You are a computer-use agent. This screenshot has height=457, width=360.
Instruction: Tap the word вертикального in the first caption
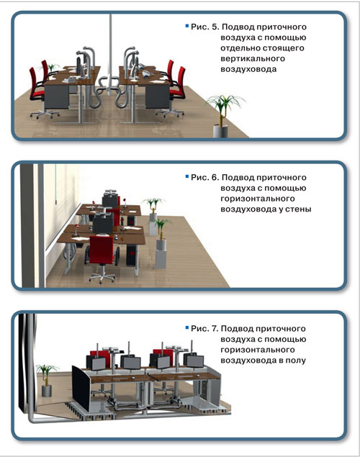pyautogui.click(x=253, y=58)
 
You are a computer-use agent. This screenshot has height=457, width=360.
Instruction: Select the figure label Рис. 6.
pyautogui.click(x=204, y=177)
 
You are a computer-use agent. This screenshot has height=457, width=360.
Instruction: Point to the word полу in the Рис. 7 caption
pyautogui.click(x=295, y=361)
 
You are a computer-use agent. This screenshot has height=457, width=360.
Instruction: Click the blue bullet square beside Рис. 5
pyautogui.click(x=187, y=26)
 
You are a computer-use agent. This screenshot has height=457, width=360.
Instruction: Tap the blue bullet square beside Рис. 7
pyautogui.click(x=187, y=328)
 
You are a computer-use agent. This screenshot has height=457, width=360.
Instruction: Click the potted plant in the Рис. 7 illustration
pyautogui.click(x=46, y=380)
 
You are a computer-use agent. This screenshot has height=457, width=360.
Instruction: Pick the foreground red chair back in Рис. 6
pyautogui.click(x=101, y=250)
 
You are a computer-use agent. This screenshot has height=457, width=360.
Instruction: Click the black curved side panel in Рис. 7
pyautogui.click(x=81, y=388)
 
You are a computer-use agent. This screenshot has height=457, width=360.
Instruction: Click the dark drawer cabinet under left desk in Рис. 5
pyautogui.click(x=56, y=97)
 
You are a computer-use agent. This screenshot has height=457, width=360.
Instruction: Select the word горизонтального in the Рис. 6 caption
pyautogui.click(x=258, y=199)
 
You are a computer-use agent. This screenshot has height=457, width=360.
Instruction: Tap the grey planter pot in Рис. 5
pyautogui.click(x=220, y=131)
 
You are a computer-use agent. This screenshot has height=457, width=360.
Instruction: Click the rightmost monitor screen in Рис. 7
pyautogui.click(x=195, y=361)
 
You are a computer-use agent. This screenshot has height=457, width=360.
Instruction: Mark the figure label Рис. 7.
pyautogui.click(x=204, y=328)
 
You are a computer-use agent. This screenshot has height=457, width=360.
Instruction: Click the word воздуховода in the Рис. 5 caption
pyautogui.click(x=248, y=69)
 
